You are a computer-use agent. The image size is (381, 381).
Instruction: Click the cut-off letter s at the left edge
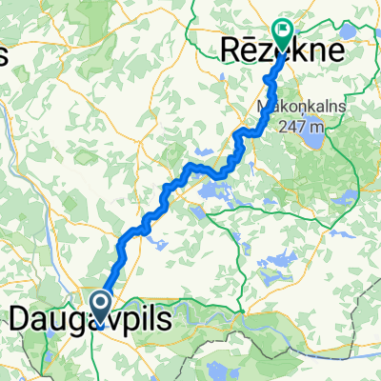coord(3,56)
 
